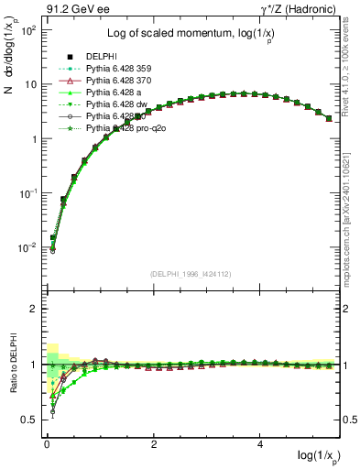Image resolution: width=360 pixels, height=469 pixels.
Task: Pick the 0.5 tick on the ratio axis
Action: [29, 420]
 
